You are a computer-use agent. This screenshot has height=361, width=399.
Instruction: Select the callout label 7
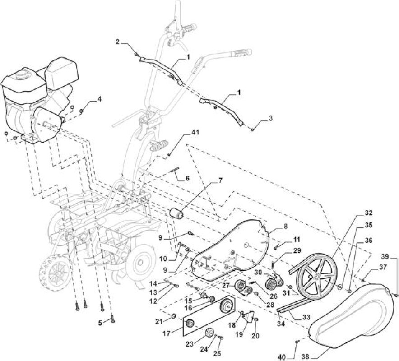pyautogui.click(x=220, y=181)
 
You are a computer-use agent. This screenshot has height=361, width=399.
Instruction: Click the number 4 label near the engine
pyautogui.click(x=99, y=99)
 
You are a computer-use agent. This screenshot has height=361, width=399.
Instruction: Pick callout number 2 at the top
pyautogui.click(x=117, y=42)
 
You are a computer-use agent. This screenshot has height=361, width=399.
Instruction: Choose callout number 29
pyautogui.click(x=297, y=250)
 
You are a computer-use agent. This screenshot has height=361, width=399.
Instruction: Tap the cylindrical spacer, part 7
pyautogui.click(x=176, y=213)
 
